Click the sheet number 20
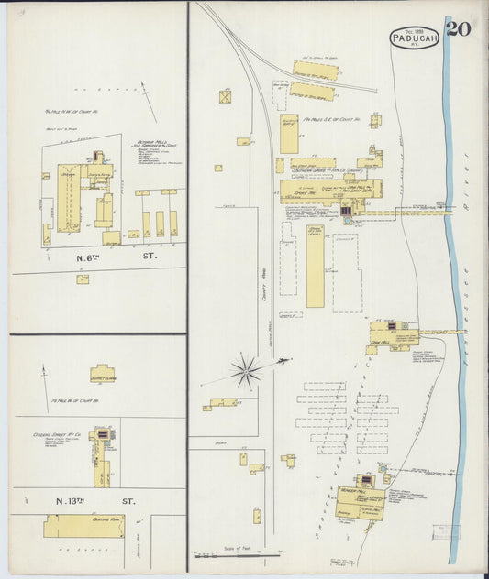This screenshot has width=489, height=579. pos(459,28)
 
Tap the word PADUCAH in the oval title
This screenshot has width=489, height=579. pos(415,38)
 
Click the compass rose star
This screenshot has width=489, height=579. pos(246,370)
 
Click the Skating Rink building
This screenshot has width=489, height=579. pos(83,525)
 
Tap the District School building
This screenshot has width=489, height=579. pos(102,374)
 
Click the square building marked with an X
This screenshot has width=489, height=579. pos(225,96)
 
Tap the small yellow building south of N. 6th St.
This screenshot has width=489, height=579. pos(83,279)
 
